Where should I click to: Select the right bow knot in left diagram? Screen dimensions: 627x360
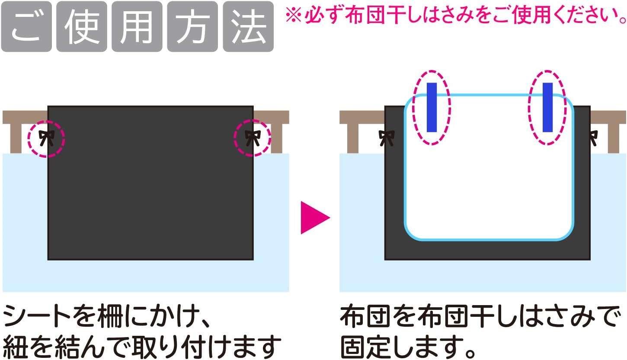click(x=252, y=138)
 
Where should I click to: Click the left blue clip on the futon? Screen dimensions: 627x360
click(x=432, y=107)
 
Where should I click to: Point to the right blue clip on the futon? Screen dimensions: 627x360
click(x=547, y=107)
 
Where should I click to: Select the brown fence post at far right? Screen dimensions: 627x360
click(x=616, y=138)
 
